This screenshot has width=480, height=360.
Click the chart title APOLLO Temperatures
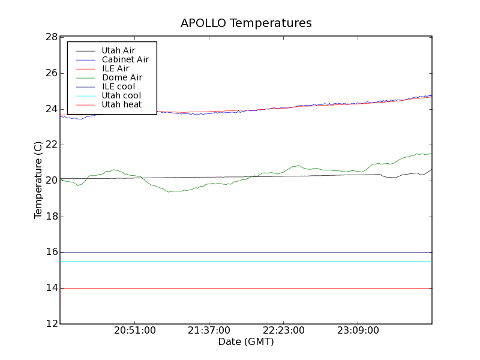(246, 23)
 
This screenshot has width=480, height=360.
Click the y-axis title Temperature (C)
(38, 180)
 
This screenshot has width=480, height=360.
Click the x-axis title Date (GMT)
(246, 342)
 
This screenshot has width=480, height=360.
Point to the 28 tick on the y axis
(52, 37)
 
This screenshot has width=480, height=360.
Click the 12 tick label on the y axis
(52, 324)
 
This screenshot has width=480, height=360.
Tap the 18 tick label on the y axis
(52, 217)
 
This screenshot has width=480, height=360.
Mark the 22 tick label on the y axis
(52, 145)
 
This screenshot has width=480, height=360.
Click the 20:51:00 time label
(135, 331)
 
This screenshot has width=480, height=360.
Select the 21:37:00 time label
(209, 331)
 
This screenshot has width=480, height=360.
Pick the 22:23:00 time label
(283, 331)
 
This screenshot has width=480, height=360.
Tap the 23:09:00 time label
(358, 331)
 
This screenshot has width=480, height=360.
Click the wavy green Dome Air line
(174, 191)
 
